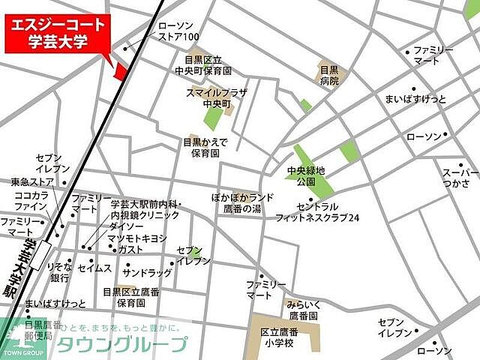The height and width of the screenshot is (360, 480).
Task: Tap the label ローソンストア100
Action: coord(178,31)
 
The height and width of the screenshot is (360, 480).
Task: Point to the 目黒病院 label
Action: coord(329,76)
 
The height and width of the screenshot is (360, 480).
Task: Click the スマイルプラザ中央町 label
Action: coord(215,97)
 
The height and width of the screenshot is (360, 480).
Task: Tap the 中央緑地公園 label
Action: coord(306,176)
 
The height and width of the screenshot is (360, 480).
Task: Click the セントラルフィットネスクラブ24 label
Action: coord(328,211)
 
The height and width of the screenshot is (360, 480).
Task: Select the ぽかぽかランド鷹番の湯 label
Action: coord(241,202)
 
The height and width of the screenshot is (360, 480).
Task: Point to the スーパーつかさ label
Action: coord(460,178)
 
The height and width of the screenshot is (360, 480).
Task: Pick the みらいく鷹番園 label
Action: coord(302,311)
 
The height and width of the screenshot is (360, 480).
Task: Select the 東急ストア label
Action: coord(32,181)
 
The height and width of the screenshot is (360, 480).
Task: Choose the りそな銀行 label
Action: coord(59,272)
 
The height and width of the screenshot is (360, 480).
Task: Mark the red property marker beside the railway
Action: coord(120,70)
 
